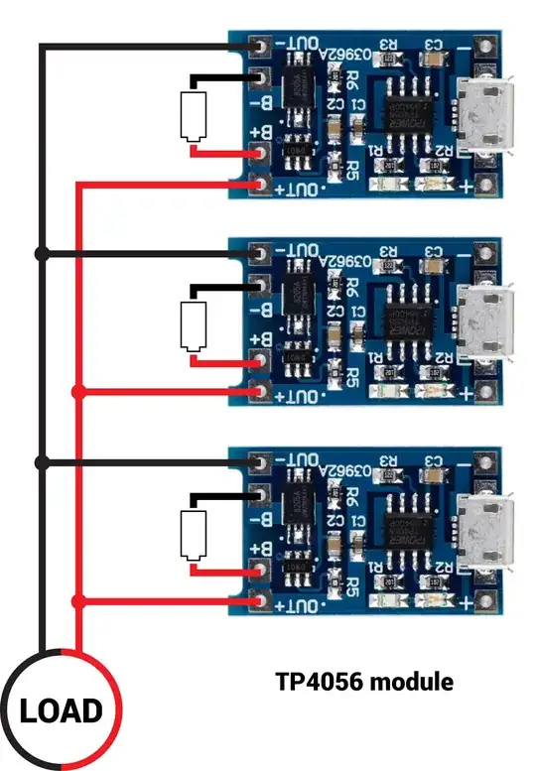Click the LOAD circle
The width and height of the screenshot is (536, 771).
point(62,709)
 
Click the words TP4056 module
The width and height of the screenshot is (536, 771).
point(363,683)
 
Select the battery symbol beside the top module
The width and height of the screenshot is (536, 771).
point(192,116)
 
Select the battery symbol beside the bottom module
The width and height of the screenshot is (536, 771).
point(192,535)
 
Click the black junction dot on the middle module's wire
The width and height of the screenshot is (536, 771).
point(41,254)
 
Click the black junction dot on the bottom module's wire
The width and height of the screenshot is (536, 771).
point(41,463)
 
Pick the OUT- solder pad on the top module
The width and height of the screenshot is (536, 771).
point(261,46)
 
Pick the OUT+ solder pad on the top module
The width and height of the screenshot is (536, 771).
point(261,184)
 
